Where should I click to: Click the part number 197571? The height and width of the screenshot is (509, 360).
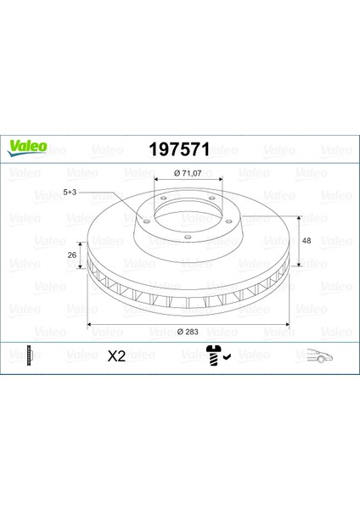click(x=179, y=149)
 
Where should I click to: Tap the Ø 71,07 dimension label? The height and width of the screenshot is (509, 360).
click(x=188, y=173)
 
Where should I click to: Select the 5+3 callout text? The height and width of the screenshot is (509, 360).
click(x=70, y=193)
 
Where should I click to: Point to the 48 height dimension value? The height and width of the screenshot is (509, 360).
click(x=307, y=241)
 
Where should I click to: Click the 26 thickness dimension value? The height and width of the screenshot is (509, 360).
click(x=72, y=255)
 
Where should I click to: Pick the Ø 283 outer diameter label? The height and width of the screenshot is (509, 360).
click(x=188, y=332)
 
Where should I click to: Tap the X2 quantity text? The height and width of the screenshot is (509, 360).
click(x=116, y=356)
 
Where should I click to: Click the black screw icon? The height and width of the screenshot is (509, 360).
click(x=213, y=355)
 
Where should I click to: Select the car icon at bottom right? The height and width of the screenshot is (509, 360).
click(x=320, y=355)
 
